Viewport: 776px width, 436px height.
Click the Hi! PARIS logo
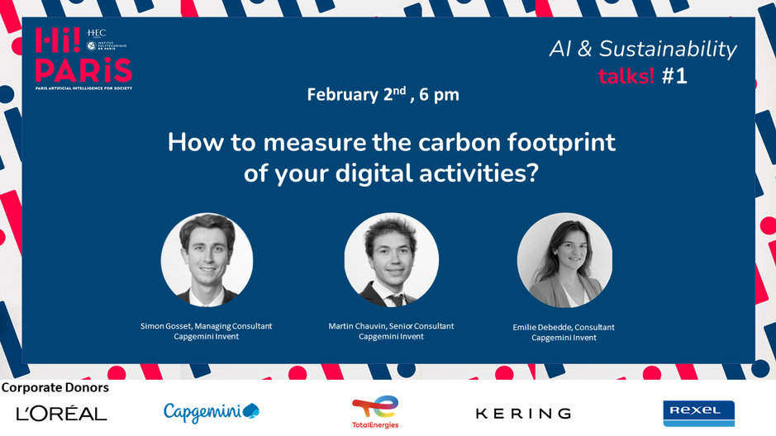[x=83, y=59]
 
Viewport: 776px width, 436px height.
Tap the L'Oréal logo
[x=61, y=413]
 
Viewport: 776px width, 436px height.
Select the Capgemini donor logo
[x=211, y=411]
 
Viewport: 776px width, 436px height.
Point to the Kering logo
[x=523, y=413]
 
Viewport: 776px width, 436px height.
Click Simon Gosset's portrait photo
[x=207, y=260]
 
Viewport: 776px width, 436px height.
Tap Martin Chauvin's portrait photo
[x=391, y=260]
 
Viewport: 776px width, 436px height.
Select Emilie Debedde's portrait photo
[x=564, y=260]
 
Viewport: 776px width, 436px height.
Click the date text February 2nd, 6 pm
[x=383, y=94]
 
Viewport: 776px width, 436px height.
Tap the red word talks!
[x=626, y=76]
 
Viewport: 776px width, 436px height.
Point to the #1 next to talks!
[x=674, y=76]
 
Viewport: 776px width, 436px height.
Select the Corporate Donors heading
[x=55, y=387]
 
